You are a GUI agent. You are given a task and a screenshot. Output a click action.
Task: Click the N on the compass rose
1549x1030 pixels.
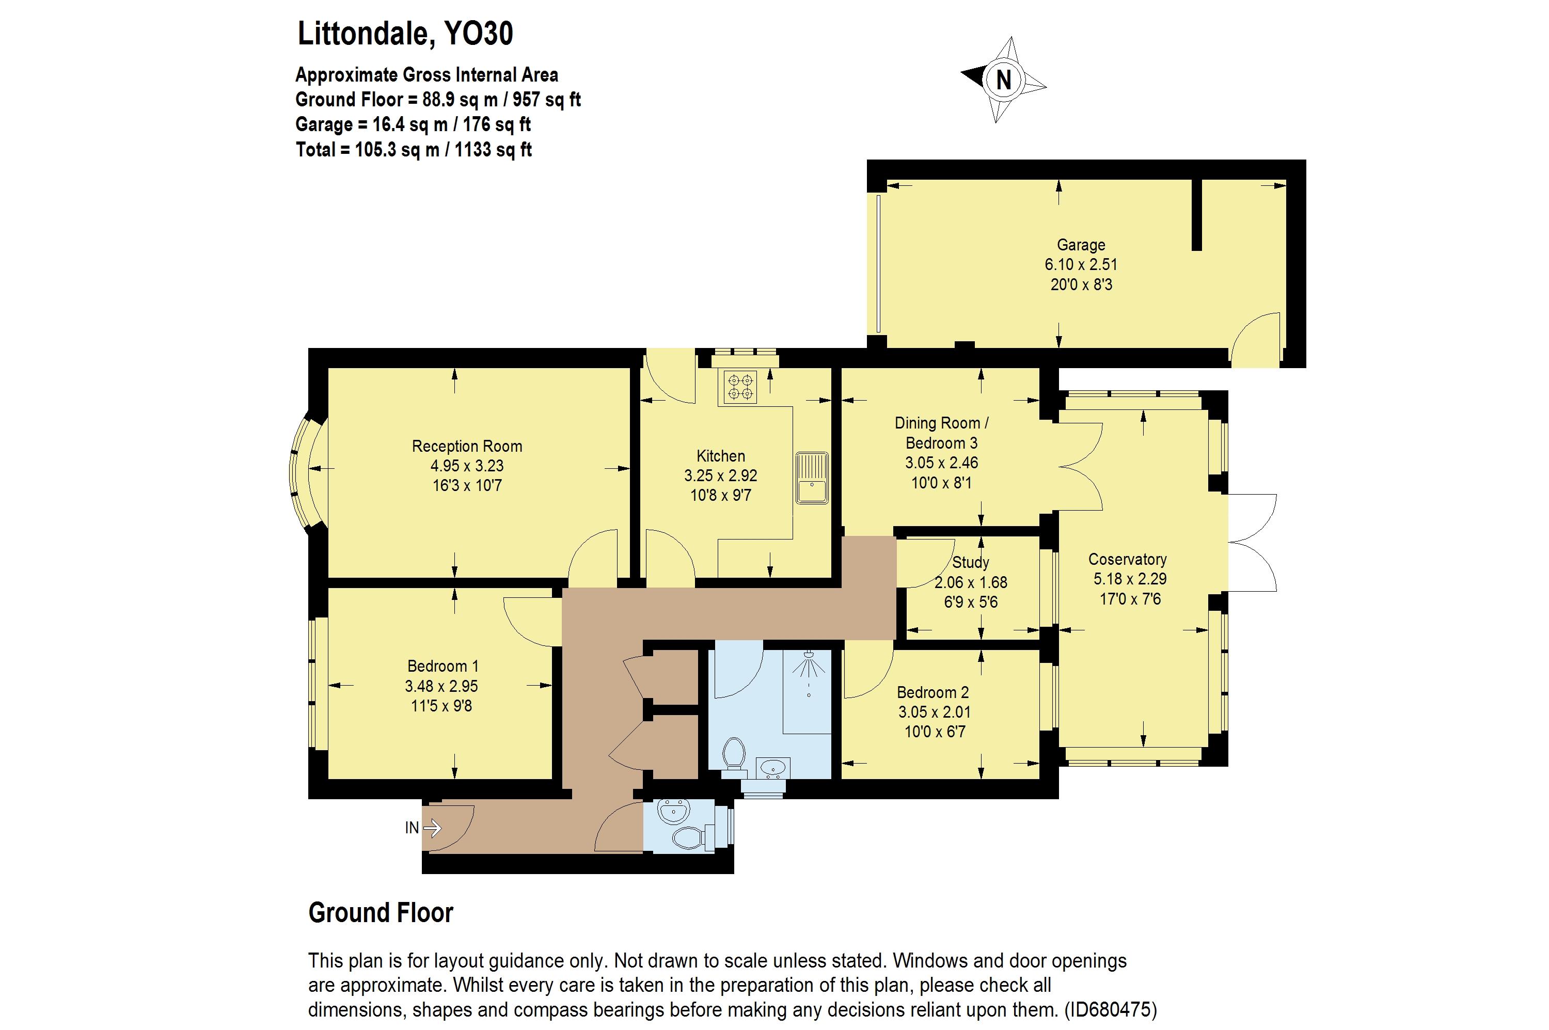[x=1003, y=80]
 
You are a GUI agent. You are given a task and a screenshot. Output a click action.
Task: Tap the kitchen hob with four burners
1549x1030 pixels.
[x=740, y=386]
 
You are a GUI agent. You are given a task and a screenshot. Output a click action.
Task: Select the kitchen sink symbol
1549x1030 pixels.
[x=812, y=478]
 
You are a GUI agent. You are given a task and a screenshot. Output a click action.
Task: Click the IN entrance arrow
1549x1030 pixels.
[x=432, y=828]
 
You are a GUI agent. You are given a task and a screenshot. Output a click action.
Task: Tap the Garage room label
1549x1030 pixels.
[x=1081, y=245]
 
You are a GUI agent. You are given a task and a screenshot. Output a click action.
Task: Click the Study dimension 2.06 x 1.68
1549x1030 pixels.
[x=970, y=582]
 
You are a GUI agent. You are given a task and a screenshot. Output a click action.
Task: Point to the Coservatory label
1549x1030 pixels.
[x=1127, y=559]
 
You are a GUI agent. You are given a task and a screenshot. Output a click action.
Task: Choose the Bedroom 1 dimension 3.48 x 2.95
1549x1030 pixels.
[x=441, y=686]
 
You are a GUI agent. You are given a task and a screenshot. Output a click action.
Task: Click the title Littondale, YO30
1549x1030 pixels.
[x=405, y=34]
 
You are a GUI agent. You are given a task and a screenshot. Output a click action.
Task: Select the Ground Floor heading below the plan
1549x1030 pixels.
[x=381, y=913]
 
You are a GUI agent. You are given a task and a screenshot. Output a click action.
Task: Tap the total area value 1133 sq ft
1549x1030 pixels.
[x=493, y=150]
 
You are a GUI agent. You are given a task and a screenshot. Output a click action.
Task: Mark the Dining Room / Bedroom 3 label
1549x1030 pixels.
[x=941, y=433]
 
